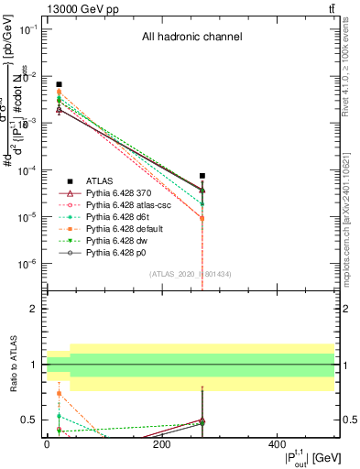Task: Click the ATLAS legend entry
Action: [102, 180]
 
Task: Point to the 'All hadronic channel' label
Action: [191, 38]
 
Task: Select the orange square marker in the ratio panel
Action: [59, 394]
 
